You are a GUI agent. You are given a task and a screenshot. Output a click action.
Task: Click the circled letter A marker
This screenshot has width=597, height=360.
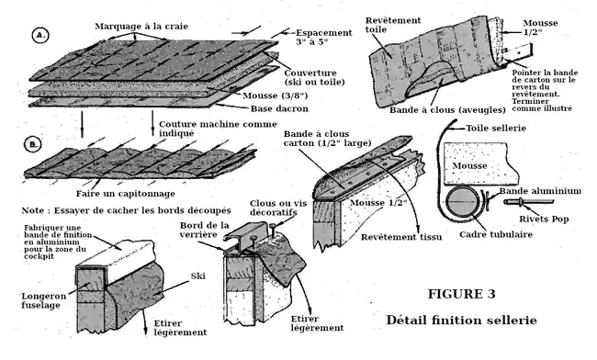coord(40,36)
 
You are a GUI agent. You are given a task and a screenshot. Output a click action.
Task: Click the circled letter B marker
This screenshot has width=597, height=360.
coord(33,145)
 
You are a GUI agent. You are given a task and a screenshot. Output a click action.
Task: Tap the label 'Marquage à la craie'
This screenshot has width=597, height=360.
coord(141,27)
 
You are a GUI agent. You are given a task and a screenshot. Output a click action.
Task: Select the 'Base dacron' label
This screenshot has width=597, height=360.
coord(279,109)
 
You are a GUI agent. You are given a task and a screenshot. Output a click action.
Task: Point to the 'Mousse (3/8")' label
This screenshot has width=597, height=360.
coord(275,96)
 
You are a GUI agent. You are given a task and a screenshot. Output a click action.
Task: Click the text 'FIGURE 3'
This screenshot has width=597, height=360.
coord(461,294)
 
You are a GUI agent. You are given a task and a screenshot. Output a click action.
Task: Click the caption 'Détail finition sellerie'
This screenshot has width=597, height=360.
coord(461,320)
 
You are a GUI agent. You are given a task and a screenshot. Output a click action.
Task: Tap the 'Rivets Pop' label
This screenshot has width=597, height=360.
coord(544,219)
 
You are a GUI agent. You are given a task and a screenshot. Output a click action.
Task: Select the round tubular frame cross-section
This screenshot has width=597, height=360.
coord(463,202)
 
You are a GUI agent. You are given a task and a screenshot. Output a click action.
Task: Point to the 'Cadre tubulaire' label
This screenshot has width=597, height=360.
coord(496,234)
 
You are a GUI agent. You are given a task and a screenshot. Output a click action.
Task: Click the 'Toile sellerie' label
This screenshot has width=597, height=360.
coord(496,129)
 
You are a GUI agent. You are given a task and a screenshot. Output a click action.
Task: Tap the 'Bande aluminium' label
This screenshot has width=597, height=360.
coord(540,191)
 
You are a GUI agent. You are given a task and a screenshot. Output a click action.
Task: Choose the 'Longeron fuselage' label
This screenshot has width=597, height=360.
coord(44,300)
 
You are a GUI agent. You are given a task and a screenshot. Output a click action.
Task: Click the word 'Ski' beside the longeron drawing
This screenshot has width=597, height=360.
coord(198,276)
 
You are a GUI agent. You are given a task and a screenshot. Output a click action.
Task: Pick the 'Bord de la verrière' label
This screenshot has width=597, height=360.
coord(205,230)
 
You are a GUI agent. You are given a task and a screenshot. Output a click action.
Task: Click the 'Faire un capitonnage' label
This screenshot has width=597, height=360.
coord(126,194)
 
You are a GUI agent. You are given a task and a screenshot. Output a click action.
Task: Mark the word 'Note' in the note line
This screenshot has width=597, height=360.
coord(34,210)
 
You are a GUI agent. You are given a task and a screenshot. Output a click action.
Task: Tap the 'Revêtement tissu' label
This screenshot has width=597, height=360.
coord(401,237)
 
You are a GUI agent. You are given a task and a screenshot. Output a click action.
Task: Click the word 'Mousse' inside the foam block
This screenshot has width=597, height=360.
coord(470,166)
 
